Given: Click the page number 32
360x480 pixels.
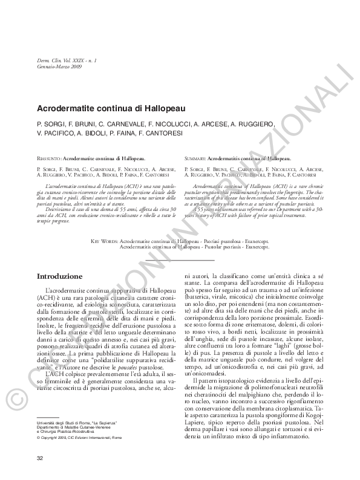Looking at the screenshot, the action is [41, 456].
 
